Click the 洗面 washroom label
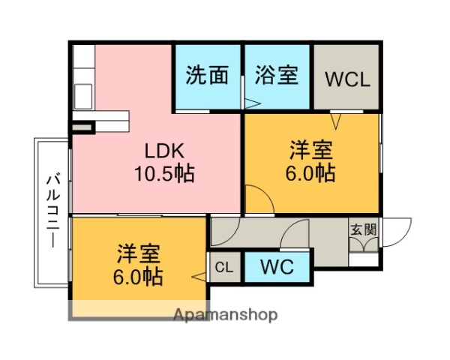(207, 76)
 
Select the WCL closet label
(347, 79)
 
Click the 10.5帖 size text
(163, 175)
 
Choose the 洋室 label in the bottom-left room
(138, 252)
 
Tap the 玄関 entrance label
(363, 229)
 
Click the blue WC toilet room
(276, 266)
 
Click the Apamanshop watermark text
(225, 314)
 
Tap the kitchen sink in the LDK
(82, 96)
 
